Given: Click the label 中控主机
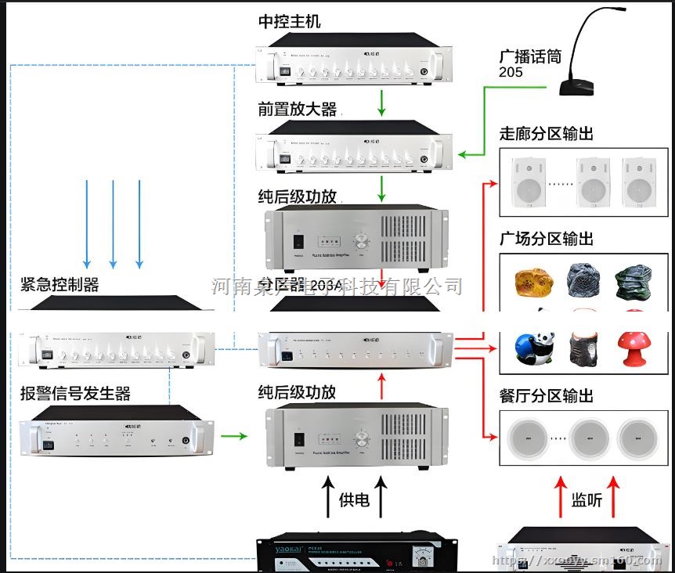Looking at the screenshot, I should pyautogui.click(x=289, y=22).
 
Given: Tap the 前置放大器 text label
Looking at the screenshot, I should pyautogui.click(x=298, y=109).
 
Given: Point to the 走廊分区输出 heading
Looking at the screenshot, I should pyautogui.click(x=546, y=134).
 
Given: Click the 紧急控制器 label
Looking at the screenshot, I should pyautogui.click(x=60, y=284).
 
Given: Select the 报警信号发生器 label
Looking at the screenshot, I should pyautogui.click(x=75, y=393).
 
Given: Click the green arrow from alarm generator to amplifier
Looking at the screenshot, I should pyautogui.click(x=233, y=434).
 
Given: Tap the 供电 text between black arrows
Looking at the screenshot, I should pyautogui.click(x=353, y=499).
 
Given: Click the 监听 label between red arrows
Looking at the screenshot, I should pyautogui.click(x=587, y=499).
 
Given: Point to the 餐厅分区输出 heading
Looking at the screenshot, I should pyautogui.click(x=546, y=396).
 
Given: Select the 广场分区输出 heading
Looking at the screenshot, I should pyautogui.click(x=546, y=238).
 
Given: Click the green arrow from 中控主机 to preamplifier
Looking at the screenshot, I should pyautogui.click(x=381, y=102).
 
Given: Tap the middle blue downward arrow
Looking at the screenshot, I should pyautogui.click(x=113, y=223).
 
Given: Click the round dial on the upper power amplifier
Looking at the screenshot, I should pyautogui.click(x=362, y=242).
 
